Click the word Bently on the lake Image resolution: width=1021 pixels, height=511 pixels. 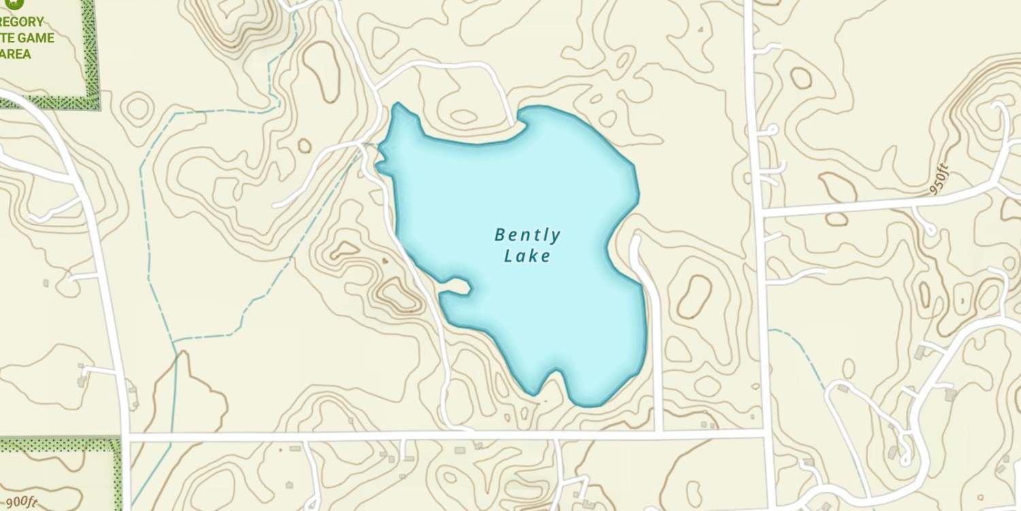[528, 236]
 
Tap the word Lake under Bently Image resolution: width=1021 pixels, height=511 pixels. [527, 257]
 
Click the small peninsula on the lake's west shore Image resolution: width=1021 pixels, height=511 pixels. [455, 288]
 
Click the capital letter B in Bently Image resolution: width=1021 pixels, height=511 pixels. [500, 236]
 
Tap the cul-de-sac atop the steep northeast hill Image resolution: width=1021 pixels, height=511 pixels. [999, 108]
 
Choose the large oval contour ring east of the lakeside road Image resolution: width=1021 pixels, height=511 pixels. [694, 296]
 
